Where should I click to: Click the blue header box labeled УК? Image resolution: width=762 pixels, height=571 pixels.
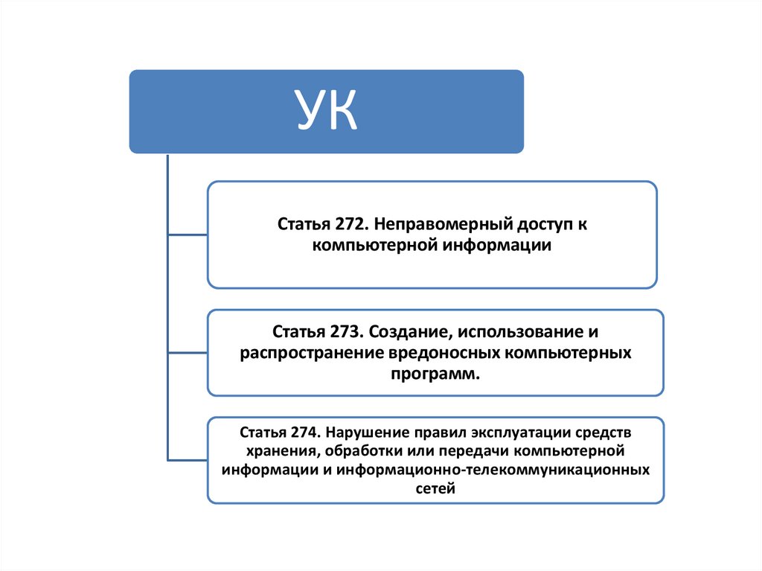326,112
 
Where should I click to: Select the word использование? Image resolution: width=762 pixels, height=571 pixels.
513,329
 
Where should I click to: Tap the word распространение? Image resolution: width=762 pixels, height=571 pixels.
310,351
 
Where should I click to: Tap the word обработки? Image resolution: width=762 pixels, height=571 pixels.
359,451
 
